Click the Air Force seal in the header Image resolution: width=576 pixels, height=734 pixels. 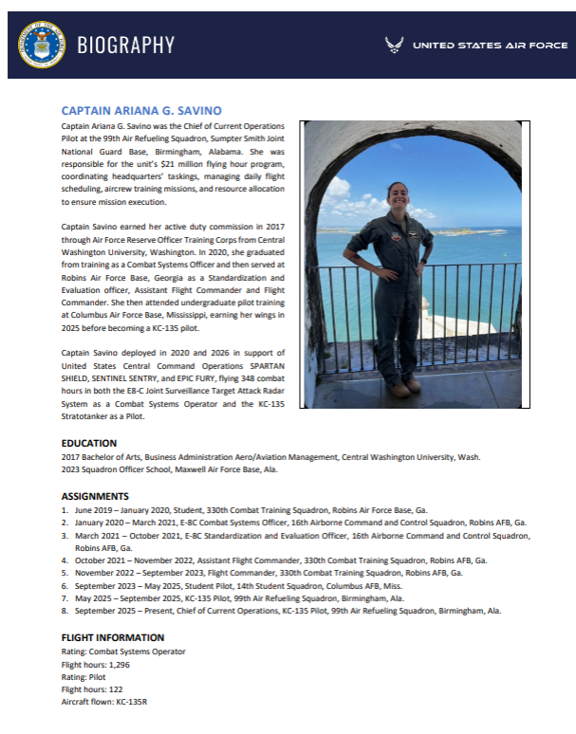click(x=41, y=45)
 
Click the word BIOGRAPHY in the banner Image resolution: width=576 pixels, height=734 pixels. click(x=126, y=45)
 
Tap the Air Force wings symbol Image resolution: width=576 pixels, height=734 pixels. click(x=395, y=45)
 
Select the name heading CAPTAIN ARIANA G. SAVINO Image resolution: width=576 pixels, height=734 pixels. click(x=140, y=111)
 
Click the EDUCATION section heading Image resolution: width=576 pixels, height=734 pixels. click(x=89, y=443)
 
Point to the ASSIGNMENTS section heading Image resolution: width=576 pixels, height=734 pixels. click(x=95, y=496)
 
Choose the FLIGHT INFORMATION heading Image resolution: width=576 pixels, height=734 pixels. click(x=113, y=637)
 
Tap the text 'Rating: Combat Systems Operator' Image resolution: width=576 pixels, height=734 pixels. click(x=123, y=651)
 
